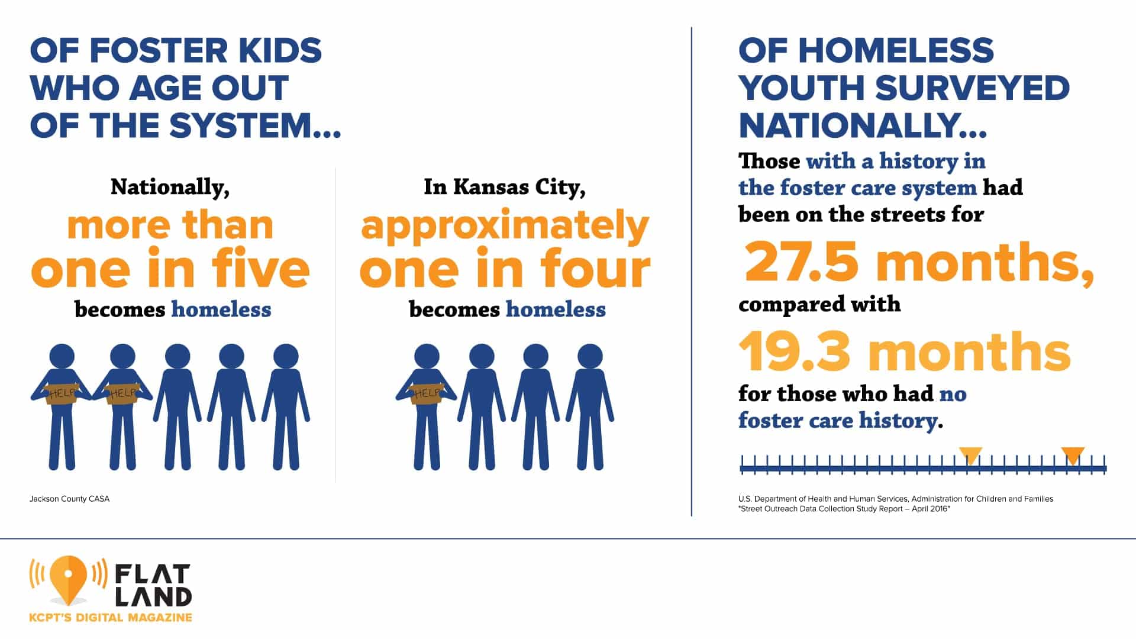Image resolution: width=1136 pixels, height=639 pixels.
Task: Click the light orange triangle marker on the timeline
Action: pyautogui.click(x=970, y=454)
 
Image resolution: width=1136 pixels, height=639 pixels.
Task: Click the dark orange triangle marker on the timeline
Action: pyautogui.click(x=1073, y=454)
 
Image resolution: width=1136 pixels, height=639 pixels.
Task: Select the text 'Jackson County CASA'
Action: pyautogui.click(x=69, y=499)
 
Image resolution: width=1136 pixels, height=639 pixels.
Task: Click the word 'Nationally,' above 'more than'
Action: pyautogui.click(x=170, y=187)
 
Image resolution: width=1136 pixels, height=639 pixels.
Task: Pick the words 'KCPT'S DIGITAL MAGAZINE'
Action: pyautogui.click(x=111, y=618)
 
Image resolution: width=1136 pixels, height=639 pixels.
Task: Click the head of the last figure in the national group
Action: pyautogui.click(x=286, y=356)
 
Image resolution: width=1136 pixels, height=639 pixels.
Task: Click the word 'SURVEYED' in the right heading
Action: pyautogui.click(x=972, y=88)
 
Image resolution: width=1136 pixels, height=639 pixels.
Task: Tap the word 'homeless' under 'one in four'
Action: pyautogui.click(x=556, y=309)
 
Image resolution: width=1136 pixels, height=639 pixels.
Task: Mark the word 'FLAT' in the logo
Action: pyautogui.click(x=152, y=574)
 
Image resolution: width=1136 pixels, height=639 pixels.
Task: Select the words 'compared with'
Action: pyautogui.click(x=819, y=304)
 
